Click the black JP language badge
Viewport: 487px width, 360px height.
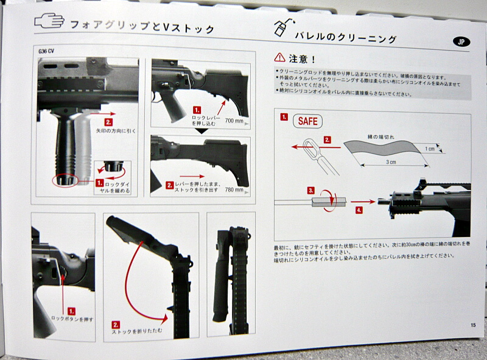point(462,41)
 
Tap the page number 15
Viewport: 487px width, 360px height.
point(472,325)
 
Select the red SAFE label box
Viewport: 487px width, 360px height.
point(307,121)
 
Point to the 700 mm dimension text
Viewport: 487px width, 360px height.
point(234,120)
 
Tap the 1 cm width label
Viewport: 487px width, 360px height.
point(430,149)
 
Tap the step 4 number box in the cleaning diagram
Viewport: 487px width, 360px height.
point(359,210)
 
